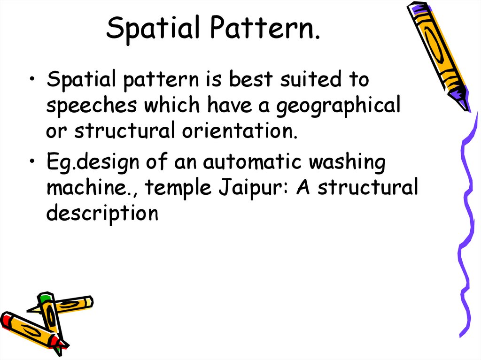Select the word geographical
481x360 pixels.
tap(338, 106)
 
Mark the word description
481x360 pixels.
tap(102, 214)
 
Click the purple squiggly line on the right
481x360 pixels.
tap(465, 225)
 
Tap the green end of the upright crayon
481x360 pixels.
tap(44, 298)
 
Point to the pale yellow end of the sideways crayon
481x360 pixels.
tap(86, 302)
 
